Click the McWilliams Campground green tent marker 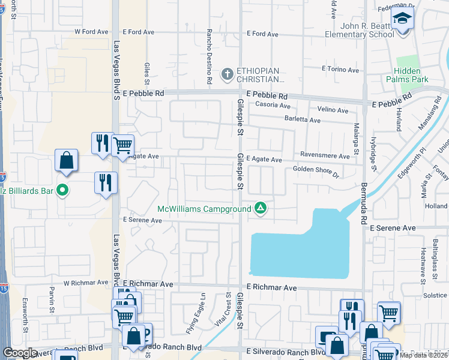coord(261,208)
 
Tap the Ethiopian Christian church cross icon coord(227,74)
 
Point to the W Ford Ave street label coord(91,32)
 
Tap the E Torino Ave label coord(340,69)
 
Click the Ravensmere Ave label coord(325,156)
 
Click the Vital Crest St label coord(229,310)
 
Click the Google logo coord(20,353)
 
